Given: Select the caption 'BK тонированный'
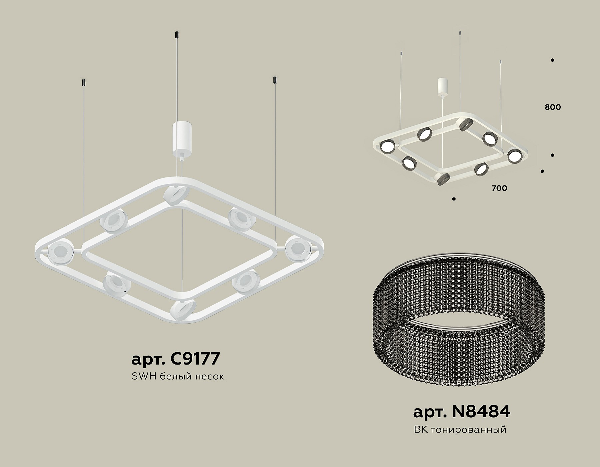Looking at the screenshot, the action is (x=460, y=430).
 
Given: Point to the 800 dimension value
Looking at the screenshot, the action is (x=553, y=107).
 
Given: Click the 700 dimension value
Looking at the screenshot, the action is (x=499, y=188).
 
